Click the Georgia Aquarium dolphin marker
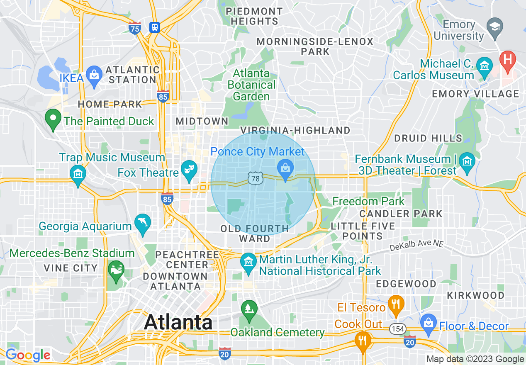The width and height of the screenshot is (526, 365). pos(142,224)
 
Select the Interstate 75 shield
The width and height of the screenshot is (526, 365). pos(135,28)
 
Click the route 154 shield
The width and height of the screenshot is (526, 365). pos(397,329)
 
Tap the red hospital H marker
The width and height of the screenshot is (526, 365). pos(507,59)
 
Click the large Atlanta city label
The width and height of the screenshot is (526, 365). pos(178,323)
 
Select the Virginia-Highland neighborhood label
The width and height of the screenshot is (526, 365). pos(295,131)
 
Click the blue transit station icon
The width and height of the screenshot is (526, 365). pos(155,27)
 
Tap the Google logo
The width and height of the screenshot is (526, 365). pos(28,355)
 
